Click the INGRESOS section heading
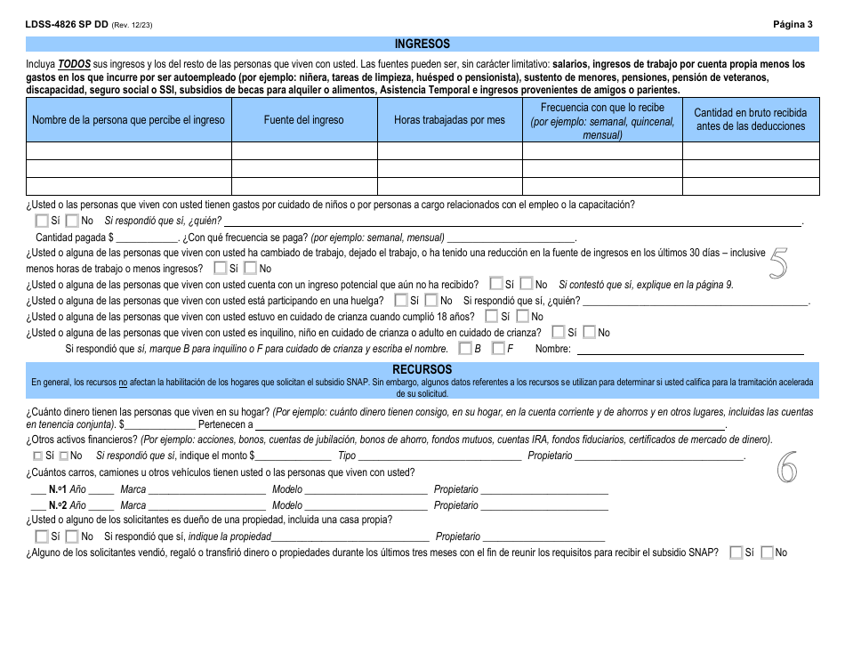click(422, 44)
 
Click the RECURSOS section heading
click(422, 368)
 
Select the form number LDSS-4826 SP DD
click(67, 25)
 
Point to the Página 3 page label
click(793, 25)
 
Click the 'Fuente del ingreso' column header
click(303, 120)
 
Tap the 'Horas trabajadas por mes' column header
click(449, 120)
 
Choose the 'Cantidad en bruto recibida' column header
click(751, 120)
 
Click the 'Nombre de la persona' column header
click(129, 120)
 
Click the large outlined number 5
click(777, 264)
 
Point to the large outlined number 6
click(786, 467)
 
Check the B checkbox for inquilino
click(465, 349)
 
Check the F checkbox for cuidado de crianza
click(498, 349)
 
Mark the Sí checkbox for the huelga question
click(401, 301)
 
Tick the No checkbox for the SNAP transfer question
click(768, 553)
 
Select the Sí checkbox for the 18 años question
click(492, 317)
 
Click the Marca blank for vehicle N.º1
click(206, 489)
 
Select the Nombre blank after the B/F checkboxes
click(689, 350)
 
